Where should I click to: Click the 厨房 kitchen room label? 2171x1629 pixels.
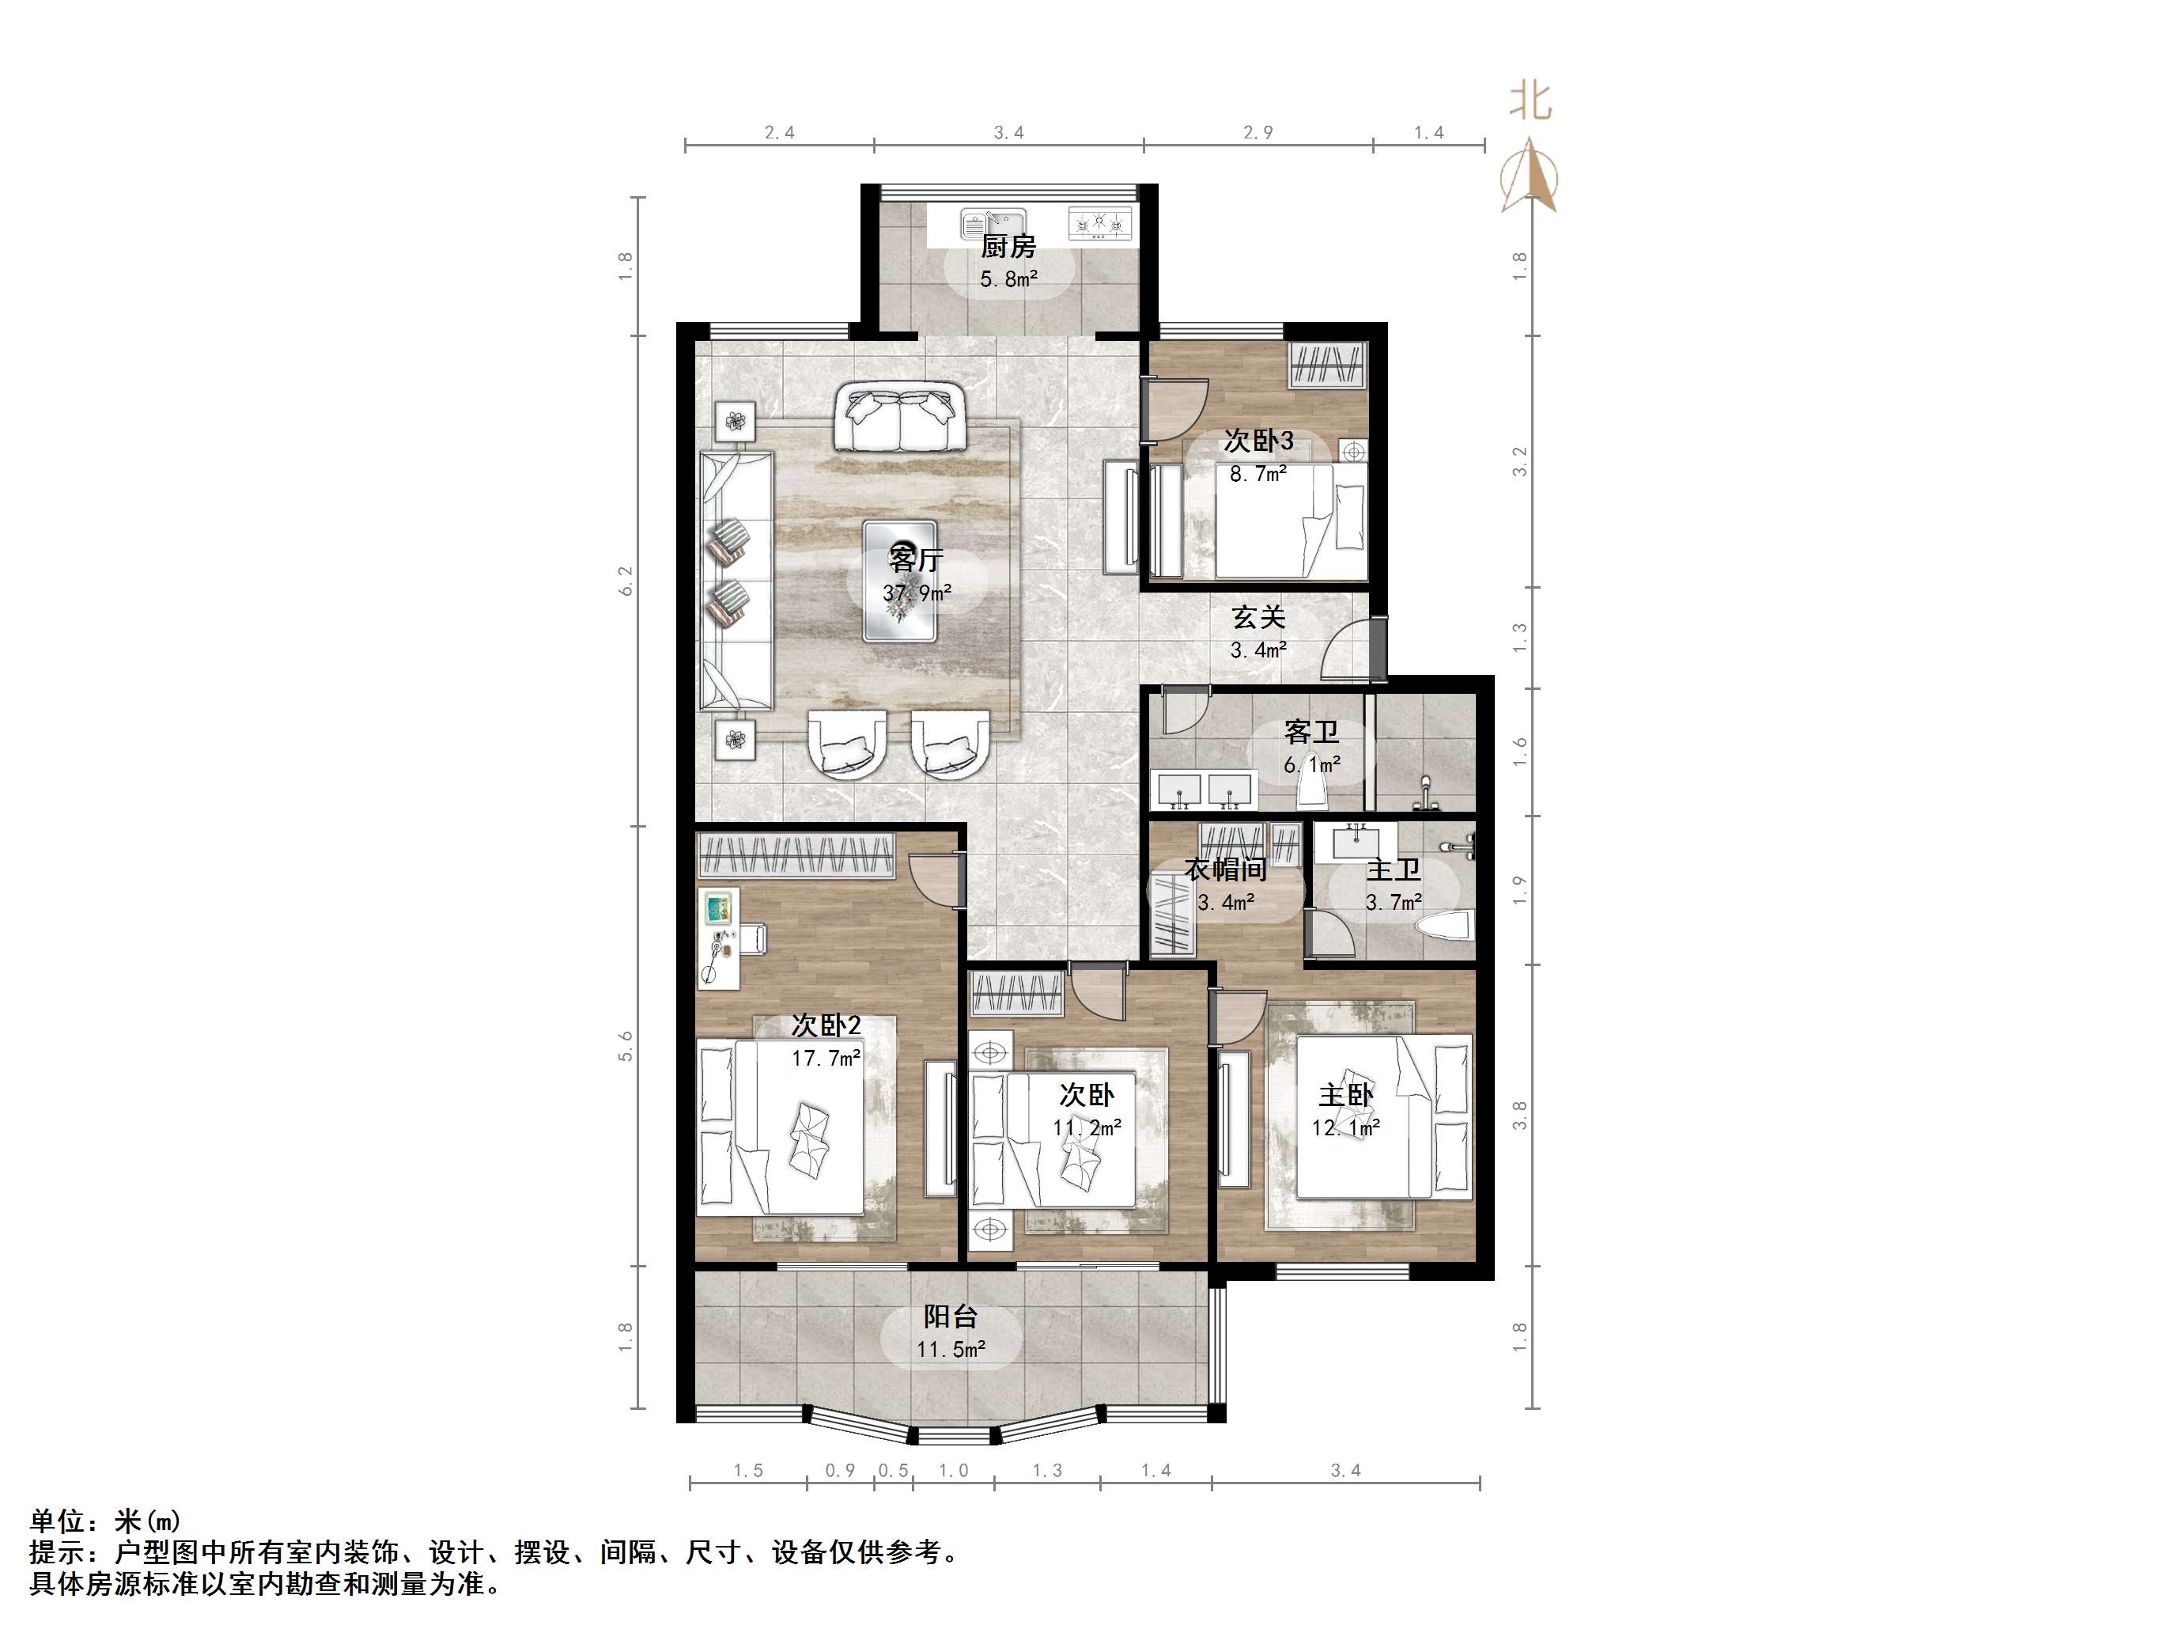pyautogui.click(x=1008, y=247)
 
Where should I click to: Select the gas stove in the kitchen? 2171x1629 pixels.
pyautogui.click(x=1100, y=223)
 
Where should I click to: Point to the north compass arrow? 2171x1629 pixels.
pyautogui.click(x=1529, y=176)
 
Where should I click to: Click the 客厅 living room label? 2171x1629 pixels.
pyautogui.click(x=915, y=559)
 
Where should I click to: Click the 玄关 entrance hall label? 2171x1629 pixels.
pyautogui.click(x=1258, y=618)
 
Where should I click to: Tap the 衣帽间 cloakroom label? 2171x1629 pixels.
pyautogui.click(x=1225, y=870)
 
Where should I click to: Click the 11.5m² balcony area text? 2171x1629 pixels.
pyautogui.click(x=950, y=1351)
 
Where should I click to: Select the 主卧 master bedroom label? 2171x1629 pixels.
pyautogui.click(x=1345, y=1095)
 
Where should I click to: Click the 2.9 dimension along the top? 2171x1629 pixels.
pyautogui.click(x=1258, y=133)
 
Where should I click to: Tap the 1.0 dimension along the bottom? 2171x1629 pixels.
pyautogui.click(x=953, y=1471)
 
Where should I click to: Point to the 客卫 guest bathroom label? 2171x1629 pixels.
pyautogui.click(x=1311, y=733)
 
